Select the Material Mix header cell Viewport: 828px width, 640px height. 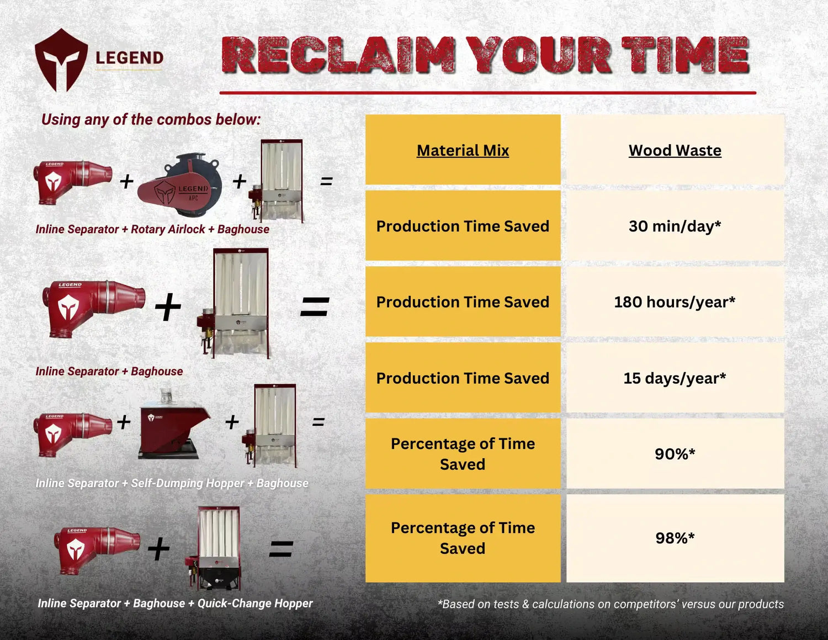point(463,150)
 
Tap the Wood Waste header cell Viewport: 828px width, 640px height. point(675,150)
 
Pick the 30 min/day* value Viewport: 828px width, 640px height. point(675,226)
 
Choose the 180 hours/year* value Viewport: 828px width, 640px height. point(675,302)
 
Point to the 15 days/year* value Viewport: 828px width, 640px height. point(675,378)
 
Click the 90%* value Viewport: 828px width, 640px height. point(675,453)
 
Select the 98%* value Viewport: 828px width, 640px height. point(675,538)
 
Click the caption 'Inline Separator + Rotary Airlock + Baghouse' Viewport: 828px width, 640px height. point(152,229)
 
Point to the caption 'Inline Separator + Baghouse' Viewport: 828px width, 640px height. point(109,371)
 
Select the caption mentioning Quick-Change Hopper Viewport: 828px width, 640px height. point(176,604)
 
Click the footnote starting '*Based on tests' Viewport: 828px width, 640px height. point(611,604)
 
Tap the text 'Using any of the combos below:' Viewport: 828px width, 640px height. point(151,120)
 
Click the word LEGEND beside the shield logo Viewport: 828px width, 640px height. point(130,58)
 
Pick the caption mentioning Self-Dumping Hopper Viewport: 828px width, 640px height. point(172,483)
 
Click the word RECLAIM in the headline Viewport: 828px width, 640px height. point(338,55)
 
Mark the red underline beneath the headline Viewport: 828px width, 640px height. point(488,93)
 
